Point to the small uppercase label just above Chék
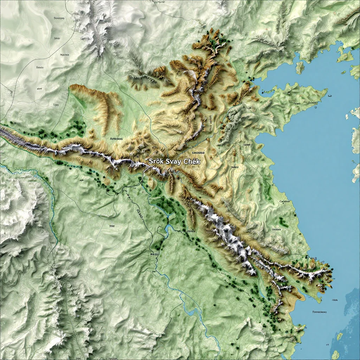tap(198, 153)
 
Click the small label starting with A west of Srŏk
tap(116, 139)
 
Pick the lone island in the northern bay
tap(300, 67)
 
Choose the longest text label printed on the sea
tap(319, 312)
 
